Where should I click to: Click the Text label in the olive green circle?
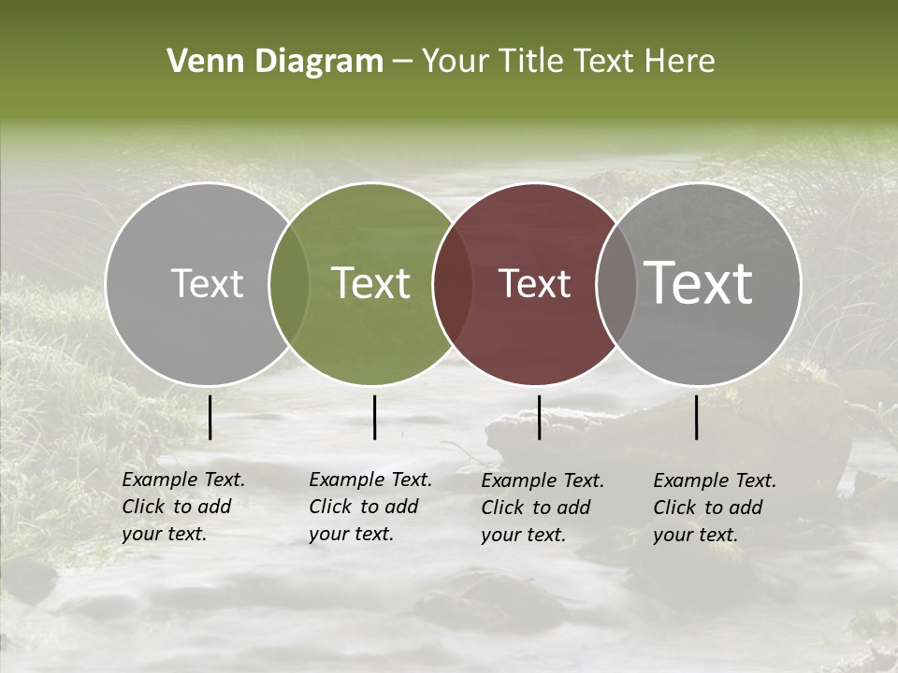pos(371,283)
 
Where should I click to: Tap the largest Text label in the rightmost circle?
pos(699,282)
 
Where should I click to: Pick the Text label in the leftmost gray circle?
pos(207,283)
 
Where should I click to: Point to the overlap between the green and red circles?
pos(451,283)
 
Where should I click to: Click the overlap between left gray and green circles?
pos(288,283)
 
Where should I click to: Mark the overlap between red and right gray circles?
pos(615,283)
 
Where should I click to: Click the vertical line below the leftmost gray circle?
pos(210,417)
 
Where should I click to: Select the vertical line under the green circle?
pos(374,417)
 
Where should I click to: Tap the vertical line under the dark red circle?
pos(539,417)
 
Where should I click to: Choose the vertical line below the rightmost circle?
pos(697,417)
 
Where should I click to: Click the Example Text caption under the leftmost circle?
pos(183,480)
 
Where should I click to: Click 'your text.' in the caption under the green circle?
pos(351,534)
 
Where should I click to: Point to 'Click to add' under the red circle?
pos(536,508)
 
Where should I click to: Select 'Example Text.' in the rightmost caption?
pos(715,480)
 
